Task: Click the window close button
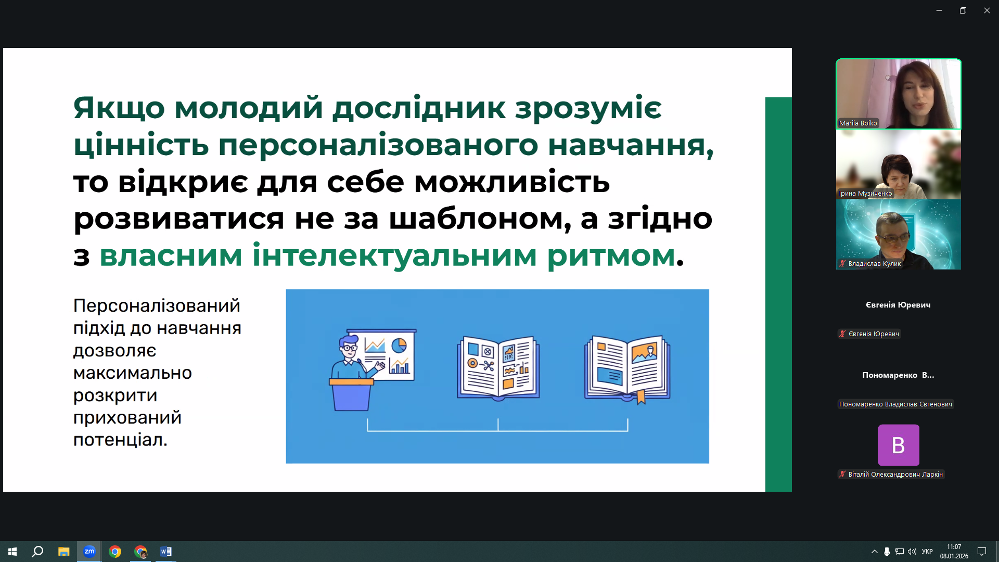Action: point(987,10)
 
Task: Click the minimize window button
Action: point(939,10)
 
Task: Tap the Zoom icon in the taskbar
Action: point(89,552)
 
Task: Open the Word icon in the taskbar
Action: point(166,552)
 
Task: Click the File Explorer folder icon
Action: point(63,552)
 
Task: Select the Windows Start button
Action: point(12,552)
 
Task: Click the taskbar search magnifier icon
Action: point(37,552)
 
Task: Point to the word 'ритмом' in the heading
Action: point(611,256)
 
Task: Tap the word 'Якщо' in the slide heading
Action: point(119,109)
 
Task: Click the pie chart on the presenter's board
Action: point(399,345)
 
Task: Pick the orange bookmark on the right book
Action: point(641,397)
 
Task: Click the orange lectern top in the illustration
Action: point(351,381)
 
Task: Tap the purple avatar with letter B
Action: point(898,445)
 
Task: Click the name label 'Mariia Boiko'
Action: point(858,123)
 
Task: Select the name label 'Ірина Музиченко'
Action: point(865,194)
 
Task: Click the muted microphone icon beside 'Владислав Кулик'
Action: point(842,264)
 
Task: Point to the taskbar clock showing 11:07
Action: point(954,547)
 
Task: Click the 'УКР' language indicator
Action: point(927,552)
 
